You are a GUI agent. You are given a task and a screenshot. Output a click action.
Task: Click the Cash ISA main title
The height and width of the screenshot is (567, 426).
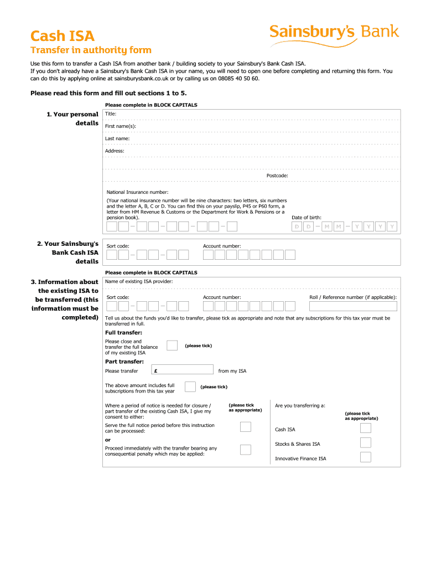click(x=63, y=37)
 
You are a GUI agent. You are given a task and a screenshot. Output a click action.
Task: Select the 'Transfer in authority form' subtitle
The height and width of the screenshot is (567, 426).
click(x=91, y=51)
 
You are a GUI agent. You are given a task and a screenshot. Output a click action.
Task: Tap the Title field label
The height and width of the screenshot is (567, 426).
click(x=111, y=114)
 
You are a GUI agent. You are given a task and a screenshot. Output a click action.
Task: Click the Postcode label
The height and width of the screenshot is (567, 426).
click(x=277, y=176)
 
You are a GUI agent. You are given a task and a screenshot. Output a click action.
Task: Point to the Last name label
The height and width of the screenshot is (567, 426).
click(x=117, y=138)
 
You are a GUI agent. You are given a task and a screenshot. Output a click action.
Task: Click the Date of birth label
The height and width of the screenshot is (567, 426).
click(x=306, y=218)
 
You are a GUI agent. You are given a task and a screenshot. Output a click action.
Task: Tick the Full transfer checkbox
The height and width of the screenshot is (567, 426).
click(x=172, y=346)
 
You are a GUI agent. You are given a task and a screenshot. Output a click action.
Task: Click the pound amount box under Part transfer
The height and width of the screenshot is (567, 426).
click(x=182, y=370)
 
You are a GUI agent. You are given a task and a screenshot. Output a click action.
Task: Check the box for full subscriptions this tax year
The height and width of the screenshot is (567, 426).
click(x=190, y=386)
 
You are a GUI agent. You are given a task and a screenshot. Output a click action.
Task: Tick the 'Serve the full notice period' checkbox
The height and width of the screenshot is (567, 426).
click(x=246, y=426)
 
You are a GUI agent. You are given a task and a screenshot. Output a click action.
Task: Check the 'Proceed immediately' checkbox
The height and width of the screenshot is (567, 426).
click(x=246, y=450)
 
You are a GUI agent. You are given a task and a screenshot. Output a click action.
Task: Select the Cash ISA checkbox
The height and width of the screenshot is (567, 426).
click(x=366, y=429)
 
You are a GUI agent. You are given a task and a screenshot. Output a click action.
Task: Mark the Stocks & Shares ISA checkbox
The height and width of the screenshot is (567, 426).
click(x=366, y=443)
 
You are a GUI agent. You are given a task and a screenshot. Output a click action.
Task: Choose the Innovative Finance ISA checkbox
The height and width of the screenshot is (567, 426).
click(x=366, y=457)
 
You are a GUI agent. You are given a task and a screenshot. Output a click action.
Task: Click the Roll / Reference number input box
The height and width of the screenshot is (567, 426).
click(x=353, y=306)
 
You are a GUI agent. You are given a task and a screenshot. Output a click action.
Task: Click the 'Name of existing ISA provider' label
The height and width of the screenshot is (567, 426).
click(x=139, y=281)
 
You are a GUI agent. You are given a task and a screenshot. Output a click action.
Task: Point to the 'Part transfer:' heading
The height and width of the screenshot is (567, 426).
click(x=124, y=362)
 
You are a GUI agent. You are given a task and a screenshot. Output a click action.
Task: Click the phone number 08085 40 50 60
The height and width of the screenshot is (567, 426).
click(x=240, y=79)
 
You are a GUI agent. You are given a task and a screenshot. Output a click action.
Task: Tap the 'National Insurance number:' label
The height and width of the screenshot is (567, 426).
click(x=137, y=192)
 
